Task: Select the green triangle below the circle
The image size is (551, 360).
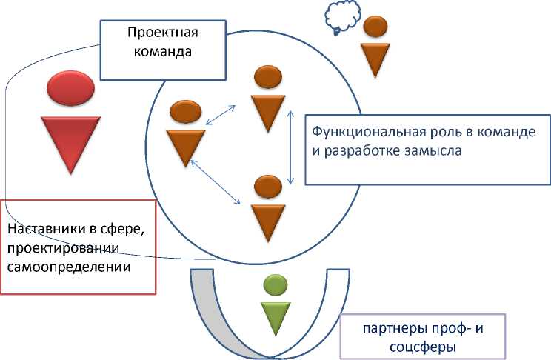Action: point(275,317)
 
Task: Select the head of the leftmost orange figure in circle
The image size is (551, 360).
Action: point(185,113)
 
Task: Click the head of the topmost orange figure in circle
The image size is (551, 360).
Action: point(267,76)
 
